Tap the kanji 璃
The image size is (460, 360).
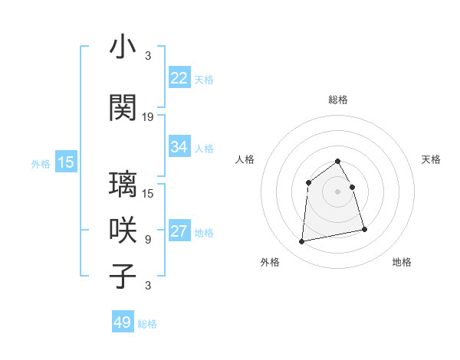[123, 185]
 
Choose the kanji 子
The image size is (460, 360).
[123, 276]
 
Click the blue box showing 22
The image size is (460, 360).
[179, 78]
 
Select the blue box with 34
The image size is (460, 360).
[179, 147]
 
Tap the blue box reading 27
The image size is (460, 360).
[179, 232]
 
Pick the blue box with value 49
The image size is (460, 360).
[123, 322]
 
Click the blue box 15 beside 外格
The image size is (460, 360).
[66, 162]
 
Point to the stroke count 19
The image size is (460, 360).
[148, 117]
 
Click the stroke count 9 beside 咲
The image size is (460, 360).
[148, 240]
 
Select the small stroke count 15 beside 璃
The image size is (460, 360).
[148, 193]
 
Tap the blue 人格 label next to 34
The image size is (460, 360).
[204, 148]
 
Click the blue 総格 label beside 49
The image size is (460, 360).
[147, 324]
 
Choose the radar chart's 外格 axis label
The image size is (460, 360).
[270, 262]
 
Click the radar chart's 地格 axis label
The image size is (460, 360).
[402, 262]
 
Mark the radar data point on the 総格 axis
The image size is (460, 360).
[337, 161]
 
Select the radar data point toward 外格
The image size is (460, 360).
[302, 242]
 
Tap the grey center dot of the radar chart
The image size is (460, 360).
[337, 191]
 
